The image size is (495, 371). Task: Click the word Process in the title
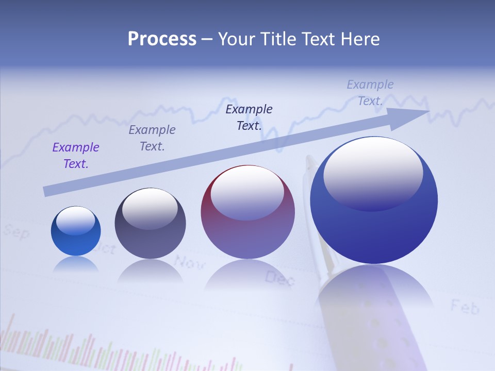pos(162,39)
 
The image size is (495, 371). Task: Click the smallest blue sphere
pos(76,231)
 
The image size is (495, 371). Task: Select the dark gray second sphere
pos(150,224)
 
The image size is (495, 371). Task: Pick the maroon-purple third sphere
pos(247,212)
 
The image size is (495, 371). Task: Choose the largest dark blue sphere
pos(374,201)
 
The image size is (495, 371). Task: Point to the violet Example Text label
pos(76,156)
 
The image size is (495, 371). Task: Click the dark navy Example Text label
pos(249,117)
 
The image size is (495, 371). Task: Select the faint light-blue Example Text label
pos(370,93)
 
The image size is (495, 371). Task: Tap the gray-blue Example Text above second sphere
pos(152,138)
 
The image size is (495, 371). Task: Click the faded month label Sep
pos(16,232)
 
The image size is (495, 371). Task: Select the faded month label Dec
pos(279,279)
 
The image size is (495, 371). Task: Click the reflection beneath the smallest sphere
pos(76,264)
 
